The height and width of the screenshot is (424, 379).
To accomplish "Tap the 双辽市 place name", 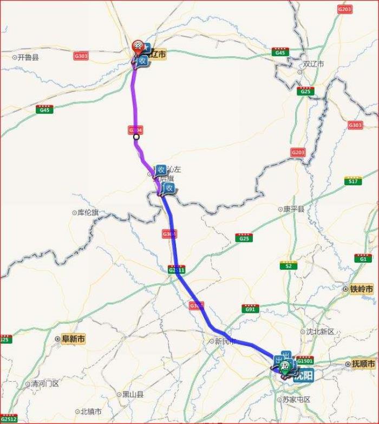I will (x=313, y=64).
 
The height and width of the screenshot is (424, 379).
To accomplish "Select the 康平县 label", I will (x=295, y=209).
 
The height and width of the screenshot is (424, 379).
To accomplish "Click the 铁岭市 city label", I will (x=361, y=290).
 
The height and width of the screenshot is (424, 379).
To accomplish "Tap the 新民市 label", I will (x=226, y=341).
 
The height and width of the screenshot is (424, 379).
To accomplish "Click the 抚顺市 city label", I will (x=363, y=364).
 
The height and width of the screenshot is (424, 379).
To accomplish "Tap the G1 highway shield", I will (x=360, y=258).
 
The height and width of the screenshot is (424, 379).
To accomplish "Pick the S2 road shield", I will (x=288, y=265).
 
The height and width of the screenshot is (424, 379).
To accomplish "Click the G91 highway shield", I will (x=235, y=309).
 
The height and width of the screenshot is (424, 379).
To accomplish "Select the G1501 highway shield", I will (x=305, y=358).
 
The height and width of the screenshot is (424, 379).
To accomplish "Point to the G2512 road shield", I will (x=9, y=419).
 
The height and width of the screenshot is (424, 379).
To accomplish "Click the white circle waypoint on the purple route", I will (x=136, y=137).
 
